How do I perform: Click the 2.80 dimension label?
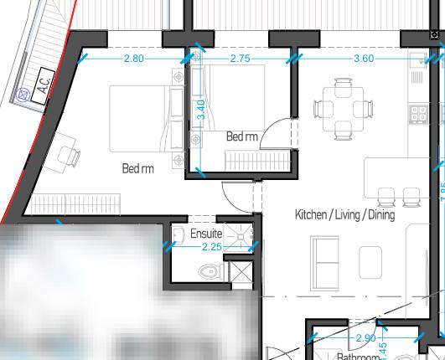pos(134,59)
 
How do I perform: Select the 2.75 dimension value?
pos(240,59)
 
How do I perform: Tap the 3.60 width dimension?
pos(364,59)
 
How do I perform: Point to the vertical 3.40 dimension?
pos(200,111)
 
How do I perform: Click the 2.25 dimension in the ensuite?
pos(212,247)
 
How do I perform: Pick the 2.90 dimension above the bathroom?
pos(365,338)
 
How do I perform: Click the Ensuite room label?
pos(207,234)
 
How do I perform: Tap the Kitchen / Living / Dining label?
pos(344,215)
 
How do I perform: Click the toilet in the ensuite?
pos(210,271)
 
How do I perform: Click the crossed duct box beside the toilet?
pos(241,272)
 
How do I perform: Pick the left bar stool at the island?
pos(386,197)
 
